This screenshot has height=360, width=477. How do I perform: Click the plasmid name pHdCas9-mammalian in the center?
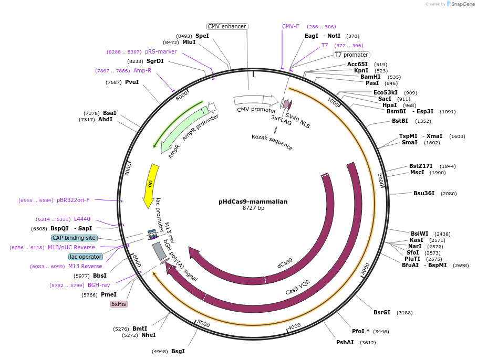[253, 201]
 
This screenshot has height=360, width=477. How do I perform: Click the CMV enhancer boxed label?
[227, 26]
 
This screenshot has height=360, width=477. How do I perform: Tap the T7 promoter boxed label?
[352, 55]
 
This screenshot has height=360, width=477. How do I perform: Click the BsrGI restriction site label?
[382, 312]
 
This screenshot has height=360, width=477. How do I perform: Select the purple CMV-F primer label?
[291, 26]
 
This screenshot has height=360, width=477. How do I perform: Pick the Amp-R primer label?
[142, 70]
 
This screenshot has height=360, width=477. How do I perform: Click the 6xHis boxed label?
[119, 304]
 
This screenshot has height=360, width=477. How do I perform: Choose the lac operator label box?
[86, 257]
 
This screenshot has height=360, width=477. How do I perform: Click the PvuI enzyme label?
[132, 82]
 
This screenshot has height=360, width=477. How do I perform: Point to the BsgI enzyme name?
[178, 351]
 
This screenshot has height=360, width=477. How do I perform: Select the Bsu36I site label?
[424, 193]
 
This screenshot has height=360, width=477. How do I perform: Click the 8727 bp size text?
[253, 208]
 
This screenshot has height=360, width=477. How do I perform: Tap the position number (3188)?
[405, 313]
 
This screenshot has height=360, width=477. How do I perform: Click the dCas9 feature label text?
[285, 262]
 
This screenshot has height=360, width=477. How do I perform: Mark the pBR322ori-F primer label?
[73, 200]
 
